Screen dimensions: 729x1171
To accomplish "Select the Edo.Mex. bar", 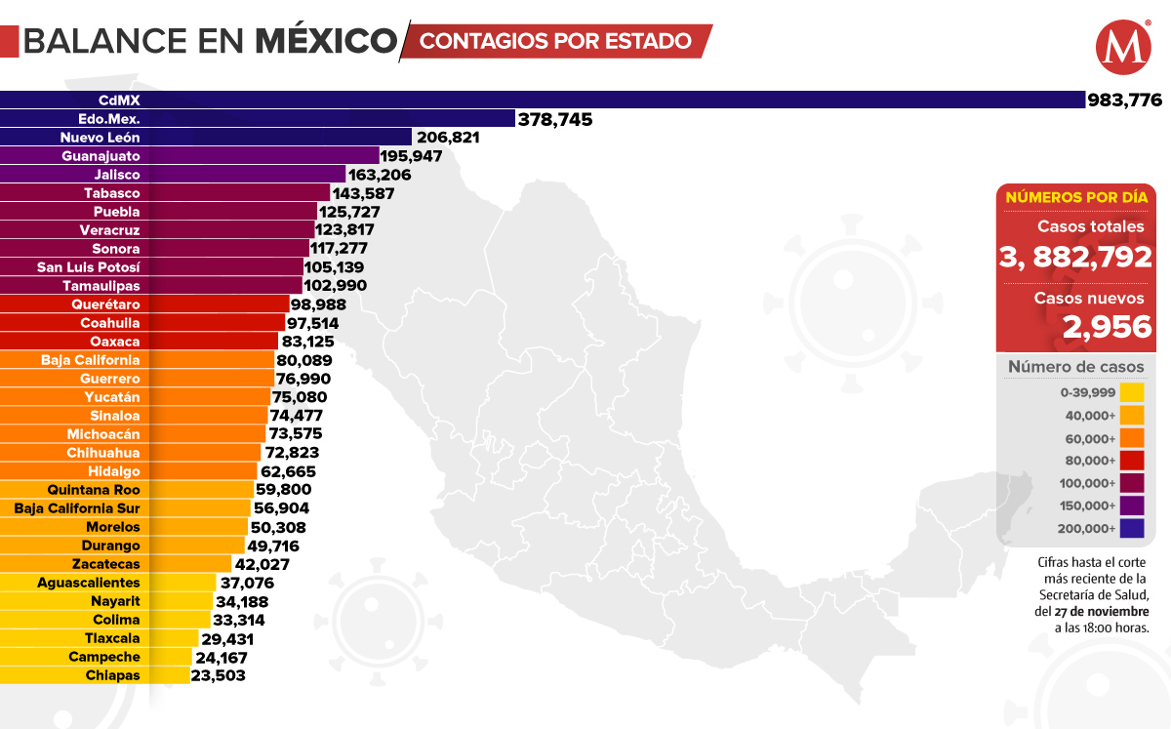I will point(293,118).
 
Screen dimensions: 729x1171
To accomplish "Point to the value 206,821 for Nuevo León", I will point(447,138).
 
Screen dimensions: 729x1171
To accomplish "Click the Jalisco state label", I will point(118,175).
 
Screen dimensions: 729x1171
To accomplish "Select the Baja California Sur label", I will point(77,508).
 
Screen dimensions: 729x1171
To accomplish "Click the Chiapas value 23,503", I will point(219,675).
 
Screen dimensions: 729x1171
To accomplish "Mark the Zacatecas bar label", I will point(105,564).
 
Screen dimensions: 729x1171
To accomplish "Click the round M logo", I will point(1118,48).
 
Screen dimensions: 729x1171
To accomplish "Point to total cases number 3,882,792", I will point(1076,257).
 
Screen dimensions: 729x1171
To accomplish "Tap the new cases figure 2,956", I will point(1108,327).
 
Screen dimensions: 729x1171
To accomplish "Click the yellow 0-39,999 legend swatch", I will point(1132,392).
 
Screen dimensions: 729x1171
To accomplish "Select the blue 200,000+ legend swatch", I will point(1132,528).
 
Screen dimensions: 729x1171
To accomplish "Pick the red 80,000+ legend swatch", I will point(1132,461).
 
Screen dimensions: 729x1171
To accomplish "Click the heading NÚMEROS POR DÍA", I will point(1076,197).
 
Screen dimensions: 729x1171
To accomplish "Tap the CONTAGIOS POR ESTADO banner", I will point(556,42).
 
